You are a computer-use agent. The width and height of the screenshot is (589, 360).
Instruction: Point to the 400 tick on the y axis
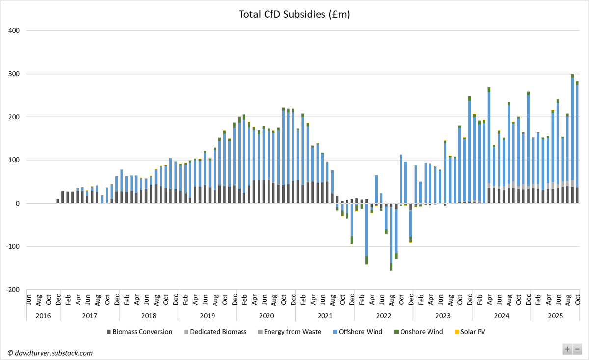pyautogui.click(x=14, y=30)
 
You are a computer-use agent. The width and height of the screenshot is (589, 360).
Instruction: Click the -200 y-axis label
pyautogui.click(x=13, y=290)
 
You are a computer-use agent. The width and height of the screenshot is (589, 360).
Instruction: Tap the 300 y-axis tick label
pyautogui.click(x=14, y=74)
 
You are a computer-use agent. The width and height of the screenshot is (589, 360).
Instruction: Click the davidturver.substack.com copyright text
pyautogui.click(x=50, y=353)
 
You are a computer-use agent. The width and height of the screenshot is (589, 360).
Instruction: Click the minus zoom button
pyautogui.click(x=577, y=349)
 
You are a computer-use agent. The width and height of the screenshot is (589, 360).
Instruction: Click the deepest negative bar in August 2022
pyautogui.click(x=391, y=235)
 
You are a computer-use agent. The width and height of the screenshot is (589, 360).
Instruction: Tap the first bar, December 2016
pyautogui.click(x=58, y=201)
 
